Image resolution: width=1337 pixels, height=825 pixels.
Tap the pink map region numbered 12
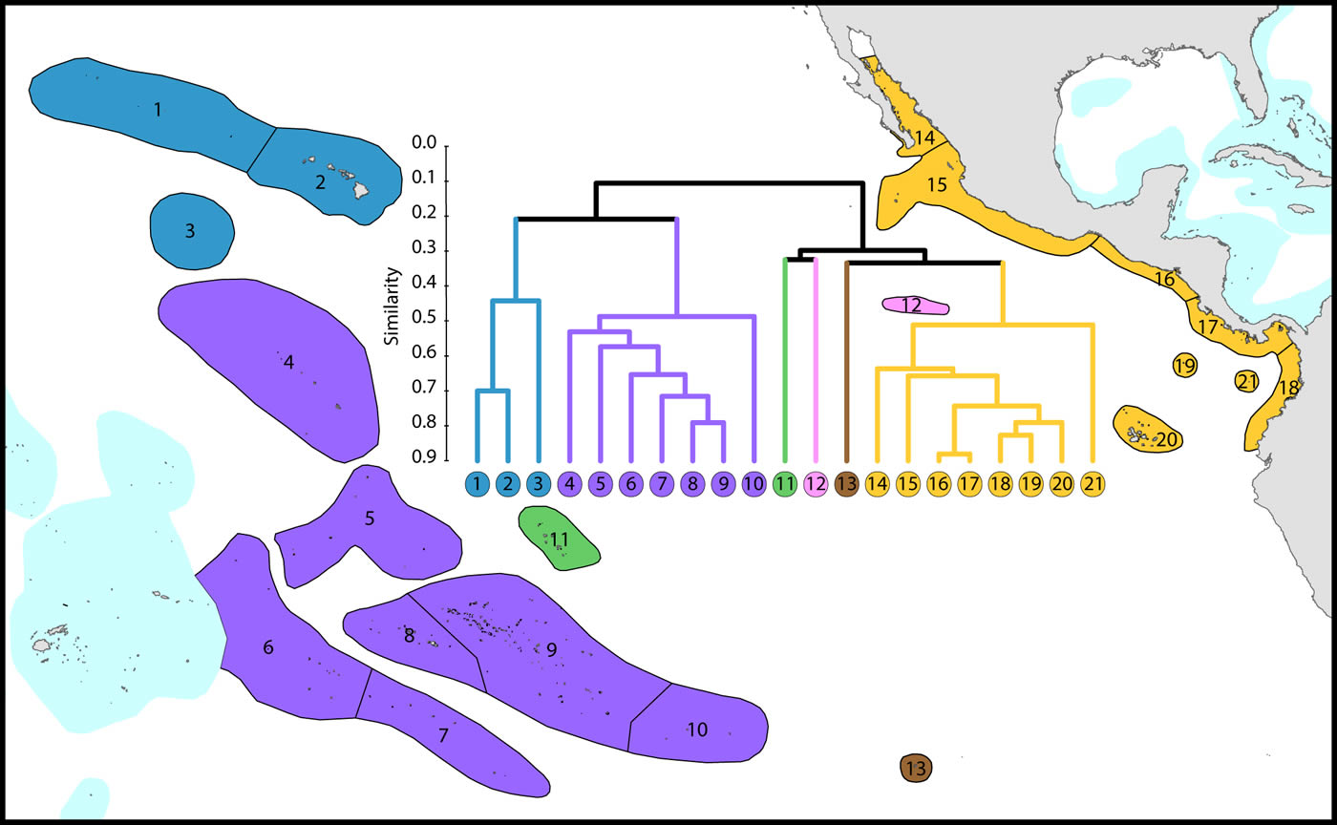click(x=915, y=306)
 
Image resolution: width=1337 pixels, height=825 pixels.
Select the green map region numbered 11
click(x=559, y=539)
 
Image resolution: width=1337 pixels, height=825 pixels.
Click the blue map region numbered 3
click(x=191, y=230)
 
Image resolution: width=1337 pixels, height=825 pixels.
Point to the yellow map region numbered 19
click(x=1185, y=365)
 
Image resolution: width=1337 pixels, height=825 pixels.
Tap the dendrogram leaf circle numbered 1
click(x=478, y=483)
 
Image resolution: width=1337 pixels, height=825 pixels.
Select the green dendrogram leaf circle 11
click(x=785, y=483)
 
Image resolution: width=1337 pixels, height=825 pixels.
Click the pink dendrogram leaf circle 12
click(x=816, y=483)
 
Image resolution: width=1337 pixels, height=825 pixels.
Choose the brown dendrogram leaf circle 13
click(x=846, y=483)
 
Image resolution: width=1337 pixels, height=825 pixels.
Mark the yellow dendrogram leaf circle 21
click(x=1093, y=483)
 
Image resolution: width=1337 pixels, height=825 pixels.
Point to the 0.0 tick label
click(x=424, y=143)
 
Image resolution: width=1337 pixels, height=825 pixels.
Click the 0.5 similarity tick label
click(x=424, y=319)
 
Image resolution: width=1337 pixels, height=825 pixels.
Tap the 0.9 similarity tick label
click(x=424, y=459)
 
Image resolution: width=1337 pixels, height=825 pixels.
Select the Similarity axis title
click(x=391, y=306)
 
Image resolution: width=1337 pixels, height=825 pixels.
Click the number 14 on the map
click(x=923, y=138)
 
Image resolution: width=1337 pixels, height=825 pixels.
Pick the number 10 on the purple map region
click(x=697, y=730)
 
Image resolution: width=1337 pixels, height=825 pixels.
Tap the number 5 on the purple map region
click(x=371, y=518)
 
